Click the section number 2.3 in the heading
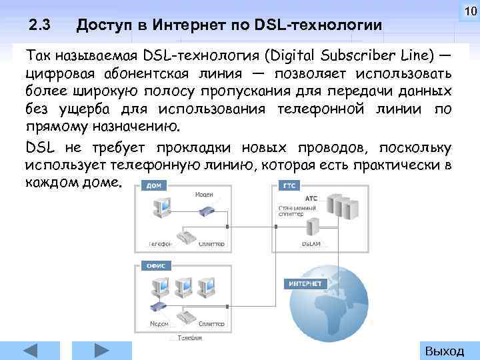tap(41, 26)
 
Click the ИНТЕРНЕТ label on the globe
tap(305, 283)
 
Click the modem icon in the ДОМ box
tap(205, 211)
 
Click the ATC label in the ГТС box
tap(311, 198)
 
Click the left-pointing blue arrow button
tap(32, 351)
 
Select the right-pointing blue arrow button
tap(99, 351)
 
